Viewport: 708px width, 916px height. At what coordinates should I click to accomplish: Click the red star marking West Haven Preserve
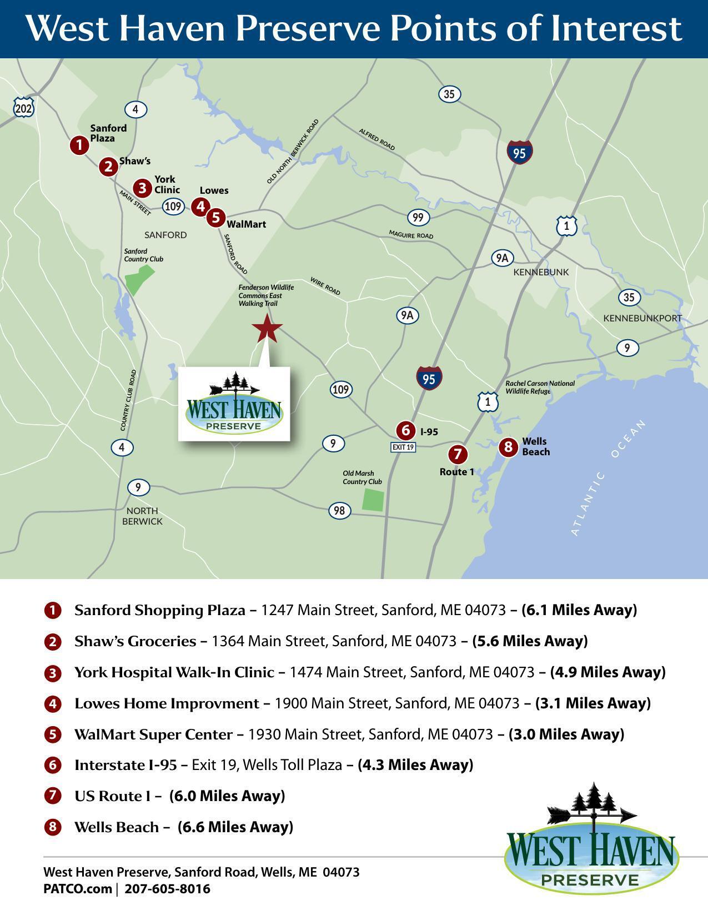[x=267, y=328]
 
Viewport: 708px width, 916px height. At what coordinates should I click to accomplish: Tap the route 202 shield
[x=23, y=108]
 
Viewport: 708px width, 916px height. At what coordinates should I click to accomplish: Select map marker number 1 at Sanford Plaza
[x=79, y=145]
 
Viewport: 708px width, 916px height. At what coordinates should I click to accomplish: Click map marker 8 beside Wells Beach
[x=508, y=447]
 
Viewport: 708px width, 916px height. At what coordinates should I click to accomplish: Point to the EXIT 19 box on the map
[x=403, y=447]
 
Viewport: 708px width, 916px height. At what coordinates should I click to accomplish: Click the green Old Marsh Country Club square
[x=373, y=500]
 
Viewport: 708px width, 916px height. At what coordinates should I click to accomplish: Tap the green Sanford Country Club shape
[x=139, y=279]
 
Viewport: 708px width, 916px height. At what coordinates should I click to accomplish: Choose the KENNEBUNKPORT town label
[x=642, y=318]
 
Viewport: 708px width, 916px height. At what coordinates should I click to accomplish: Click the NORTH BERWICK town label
[x=142, y=516]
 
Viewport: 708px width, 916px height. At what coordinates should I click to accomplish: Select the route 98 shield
[x=339, y=510]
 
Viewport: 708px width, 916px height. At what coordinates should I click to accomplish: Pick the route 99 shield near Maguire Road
[x=418, y=217]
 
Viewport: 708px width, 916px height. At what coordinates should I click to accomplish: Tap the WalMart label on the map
[x=246, y=224]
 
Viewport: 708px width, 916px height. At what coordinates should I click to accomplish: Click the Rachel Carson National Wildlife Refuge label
[x=540, y=387]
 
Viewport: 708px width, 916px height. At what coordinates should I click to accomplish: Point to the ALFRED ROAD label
[x=377, y=139]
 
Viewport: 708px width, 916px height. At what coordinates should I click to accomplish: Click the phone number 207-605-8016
[x=168, y=889]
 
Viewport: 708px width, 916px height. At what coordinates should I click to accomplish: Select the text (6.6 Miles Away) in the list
[x=235, y=827]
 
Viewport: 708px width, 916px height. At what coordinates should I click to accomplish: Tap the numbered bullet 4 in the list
[x=52, y=704]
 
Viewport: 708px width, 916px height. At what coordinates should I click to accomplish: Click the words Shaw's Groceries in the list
[x=135, y=641]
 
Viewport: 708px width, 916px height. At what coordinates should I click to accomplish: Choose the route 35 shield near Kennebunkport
[x=629, y=298]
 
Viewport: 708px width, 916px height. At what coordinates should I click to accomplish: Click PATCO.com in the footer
[x=77, y=889]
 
